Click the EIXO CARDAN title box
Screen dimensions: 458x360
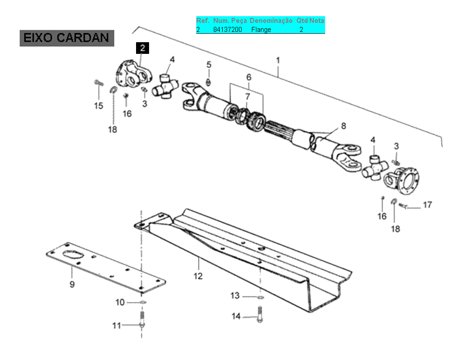[x=67, y=38]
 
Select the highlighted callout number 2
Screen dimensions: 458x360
[x=142, y=48]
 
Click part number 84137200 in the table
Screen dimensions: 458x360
[x=228, y=30]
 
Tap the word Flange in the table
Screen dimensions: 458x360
[x=261, y=30]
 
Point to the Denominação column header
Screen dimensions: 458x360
[x=271, y=21]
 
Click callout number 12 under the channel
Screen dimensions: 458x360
[x=198, y=276]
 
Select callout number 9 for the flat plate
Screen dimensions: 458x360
[x=72, y=284]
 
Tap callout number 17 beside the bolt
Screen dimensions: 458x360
[x=427, y=205]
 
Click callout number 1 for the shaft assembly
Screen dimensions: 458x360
[x=278, y=61]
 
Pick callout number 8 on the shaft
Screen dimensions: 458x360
[x=343, y=126]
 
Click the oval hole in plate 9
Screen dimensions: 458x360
[x=73, y=255]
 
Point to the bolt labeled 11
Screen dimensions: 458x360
[x=142, y=320]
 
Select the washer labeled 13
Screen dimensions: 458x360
[x=260, y=298]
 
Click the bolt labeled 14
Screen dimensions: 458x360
[x=260, y=315]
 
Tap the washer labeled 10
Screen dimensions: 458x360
[x=142, y=302]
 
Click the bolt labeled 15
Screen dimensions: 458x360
[x=99, y=83]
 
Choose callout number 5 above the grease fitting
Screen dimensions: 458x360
[x=209, y=65]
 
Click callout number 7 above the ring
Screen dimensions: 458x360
[x=248, y=96]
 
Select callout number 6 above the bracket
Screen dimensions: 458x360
[x=249, y=77]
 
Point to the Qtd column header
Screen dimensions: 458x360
[x=302, y=21]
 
